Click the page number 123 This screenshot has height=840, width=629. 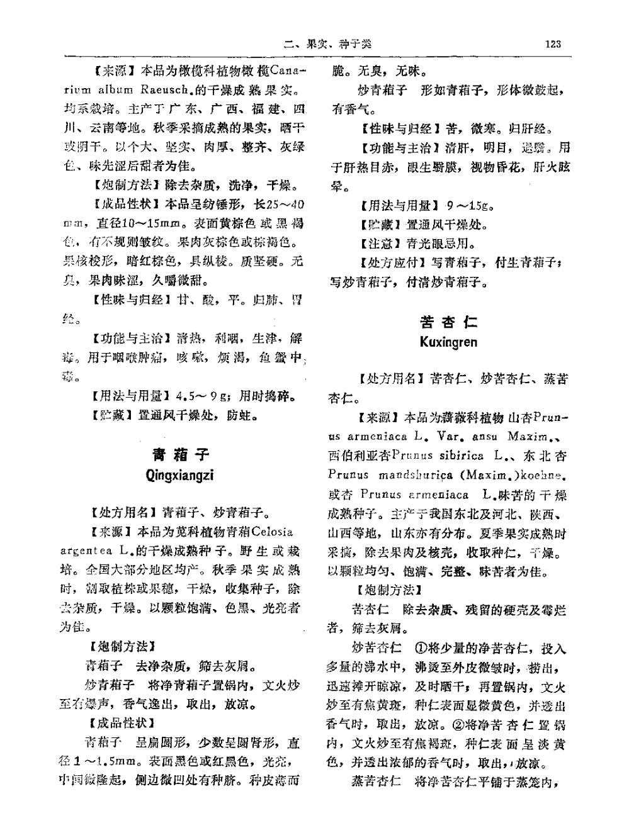(553, 43)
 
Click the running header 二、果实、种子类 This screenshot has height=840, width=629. (327, 43)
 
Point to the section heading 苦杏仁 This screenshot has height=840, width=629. (448, 322)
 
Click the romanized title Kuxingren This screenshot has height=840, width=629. (448, 342)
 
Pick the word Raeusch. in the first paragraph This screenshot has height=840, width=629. (168, 90)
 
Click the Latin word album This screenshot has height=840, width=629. (115, 90)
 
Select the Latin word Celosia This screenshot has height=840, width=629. (272, 532)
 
